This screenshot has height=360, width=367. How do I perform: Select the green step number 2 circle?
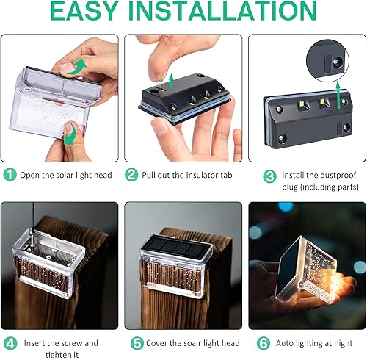[132, 175]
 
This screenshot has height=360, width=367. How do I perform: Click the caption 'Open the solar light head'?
[66, 175]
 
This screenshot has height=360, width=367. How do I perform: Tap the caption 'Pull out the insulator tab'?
[189, 175]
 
